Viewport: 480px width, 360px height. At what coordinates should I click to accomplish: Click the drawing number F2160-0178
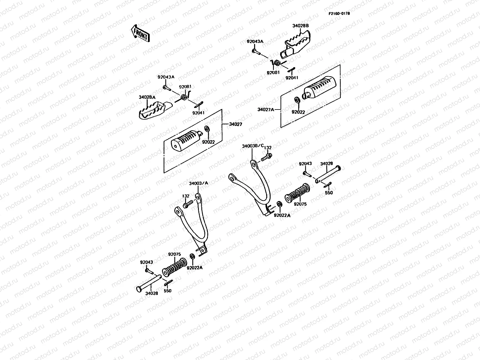(x=338, y=13)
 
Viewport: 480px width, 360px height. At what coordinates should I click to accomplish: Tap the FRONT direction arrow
(x=140, y=33)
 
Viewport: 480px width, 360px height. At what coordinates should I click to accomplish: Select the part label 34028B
(x=300, y=26)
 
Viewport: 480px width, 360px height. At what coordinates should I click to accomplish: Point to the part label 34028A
(x=147, y=97)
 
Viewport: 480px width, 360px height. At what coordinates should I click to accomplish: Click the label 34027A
(x=266, y=109)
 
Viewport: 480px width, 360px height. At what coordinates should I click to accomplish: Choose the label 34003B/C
(x=253, y=146)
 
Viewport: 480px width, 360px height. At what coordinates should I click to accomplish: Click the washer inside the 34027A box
(x=297, y=100)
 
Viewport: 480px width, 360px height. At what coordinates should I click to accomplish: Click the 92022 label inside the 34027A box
(x=298, y=112)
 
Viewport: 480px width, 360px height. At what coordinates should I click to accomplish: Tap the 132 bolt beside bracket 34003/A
(x=187, y=205)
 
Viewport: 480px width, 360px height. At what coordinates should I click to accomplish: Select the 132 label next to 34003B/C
(x=268, y=148)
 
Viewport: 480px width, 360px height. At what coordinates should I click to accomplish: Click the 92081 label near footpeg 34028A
(x=185, y=87)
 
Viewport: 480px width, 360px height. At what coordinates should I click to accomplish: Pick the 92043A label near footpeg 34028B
(x=255, y=41)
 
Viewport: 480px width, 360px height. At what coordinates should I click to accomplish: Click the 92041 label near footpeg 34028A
(x=199, y=113)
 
